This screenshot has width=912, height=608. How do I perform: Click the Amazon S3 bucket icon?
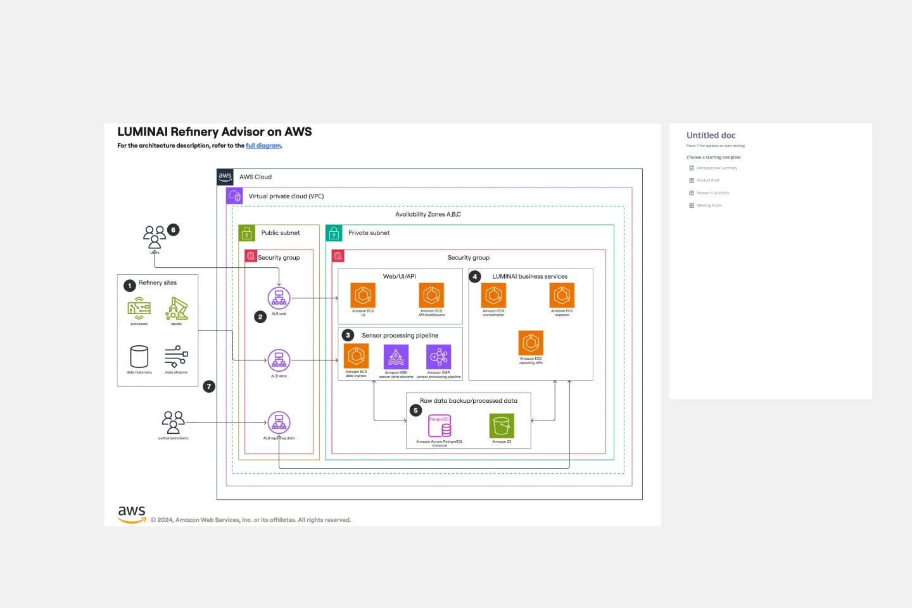coord(502,426)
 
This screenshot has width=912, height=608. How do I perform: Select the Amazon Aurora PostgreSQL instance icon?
coord(440,426)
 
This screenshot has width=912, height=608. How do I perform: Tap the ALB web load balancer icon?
coord(279,298)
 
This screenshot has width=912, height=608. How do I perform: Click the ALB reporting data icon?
coord(279,422)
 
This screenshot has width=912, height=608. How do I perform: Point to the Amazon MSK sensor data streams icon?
coord(396,357)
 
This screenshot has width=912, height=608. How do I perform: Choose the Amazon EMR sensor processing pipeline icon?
coord(438,357)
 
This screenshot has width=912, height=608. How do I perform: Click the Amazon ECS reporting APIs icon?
coord(531,343)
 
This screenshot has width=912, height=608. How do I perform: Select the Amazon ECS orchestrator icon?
coord(493,296)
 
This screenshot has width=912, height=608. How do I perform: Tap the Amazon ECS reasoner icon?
coord(562,296)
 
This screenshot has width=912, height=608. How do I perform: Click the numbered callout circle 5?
coord(415,410)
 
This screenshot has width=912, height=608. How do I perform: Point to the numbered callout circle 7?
coord(209,386)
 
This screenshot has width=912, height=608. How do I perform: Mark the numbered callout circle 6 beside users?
coord(173,230)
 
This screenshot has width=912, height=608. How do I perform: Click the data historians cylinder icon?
coord(139,357)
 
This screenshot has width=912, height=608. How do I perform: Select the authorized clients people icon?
coord(173,422)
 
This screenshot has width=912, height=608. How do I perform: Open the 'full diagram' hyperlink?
coord(263,146)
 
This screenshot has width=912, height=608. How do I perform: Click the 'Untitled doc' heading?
coord(711,136)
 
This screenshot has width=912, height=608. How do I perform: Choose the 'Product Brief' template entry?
coord(707,180)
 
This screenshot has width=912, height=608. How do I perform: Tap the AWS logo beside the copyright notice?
coord(132,514)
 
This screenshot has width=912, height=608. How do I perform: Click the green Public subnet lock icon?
coord(247,233)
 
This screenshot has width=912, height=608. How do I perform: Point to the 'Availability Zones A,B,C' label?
coord(428,215)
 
